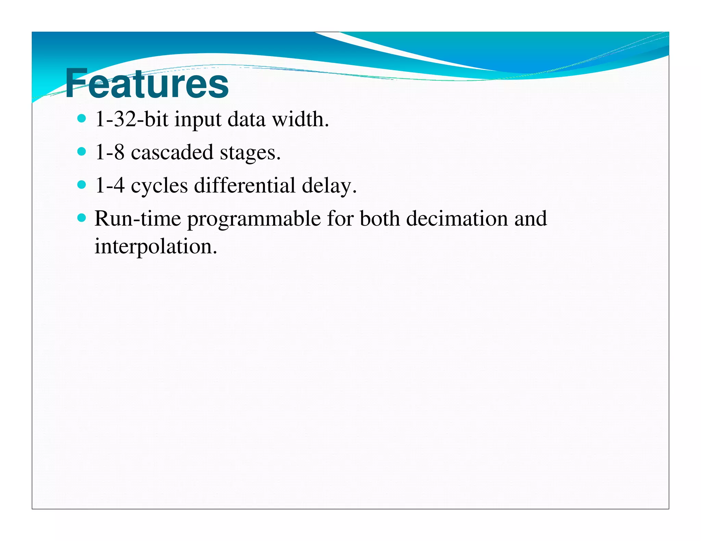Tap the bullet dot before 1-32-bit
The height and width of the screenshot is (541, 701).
81,119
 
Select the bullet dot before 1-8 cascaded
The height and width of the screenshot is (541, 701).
81,151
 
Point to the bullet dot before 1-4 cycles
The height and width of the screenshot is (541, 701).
81,185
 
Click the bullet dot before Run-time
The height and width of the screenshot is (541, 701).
81,218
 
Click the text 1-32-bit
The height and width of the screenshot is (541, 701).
132,119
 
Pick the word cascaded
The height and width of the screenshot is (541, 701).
172,153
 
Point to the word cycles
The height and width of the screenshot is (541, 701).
159,186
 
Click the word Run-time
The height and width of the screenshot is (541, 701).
138,219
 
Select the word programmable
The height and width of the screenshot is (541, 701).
254,220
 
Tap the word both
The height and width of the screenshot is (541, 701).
380,219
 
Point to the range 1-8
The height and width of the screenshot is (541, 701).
110,153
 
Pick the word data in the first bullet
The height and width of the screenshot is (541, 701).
246,119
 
